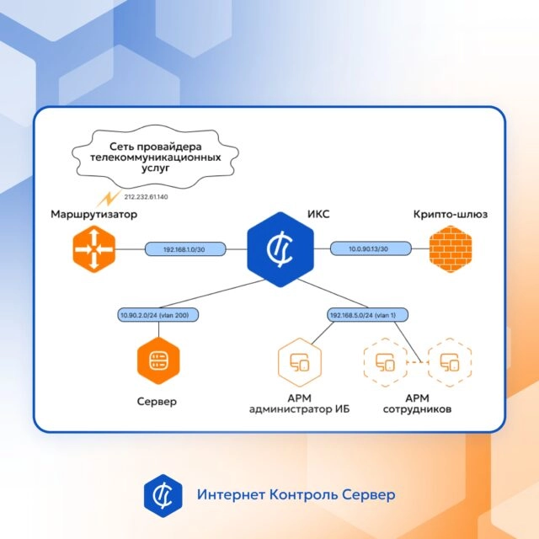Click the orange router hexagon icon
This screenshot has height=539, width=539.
[93, 249]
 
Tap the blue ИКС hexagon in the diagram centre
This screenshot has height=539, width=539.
[280, 249]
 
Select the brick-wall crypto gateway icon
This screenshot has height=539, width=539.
[451, 249]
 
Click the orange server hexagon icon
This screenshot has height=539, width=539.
[158, 360]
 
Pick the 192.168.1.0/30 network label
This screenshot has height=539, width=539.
[185, 249]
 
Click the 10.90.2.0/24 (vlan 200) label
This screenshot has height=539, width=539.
[157, 315]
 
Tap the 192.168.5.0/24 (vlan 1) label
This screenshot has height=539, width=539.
[367, 315]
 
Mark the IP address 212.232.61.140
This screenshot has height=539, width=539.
[146, 197]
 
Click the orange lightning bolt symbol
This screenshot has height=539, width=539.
[109, 199]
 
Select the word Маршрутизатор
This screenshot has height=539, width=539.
[93, 214]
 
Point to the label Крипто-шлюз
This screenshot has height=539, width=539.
[451, 214]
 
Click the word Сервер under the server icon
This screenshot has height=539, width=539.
[157, 401]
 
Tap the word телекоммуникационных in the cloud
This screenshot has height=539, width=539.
[155, 157]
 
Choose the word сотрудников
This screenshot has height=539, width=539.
[417, 409]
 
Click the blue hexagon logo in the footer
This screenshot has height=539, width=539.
[163, 495]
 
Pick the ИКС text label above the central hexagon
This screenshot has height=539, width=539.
[318, 214]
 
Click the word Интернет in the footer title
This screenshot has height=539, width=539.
[231, 494]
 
